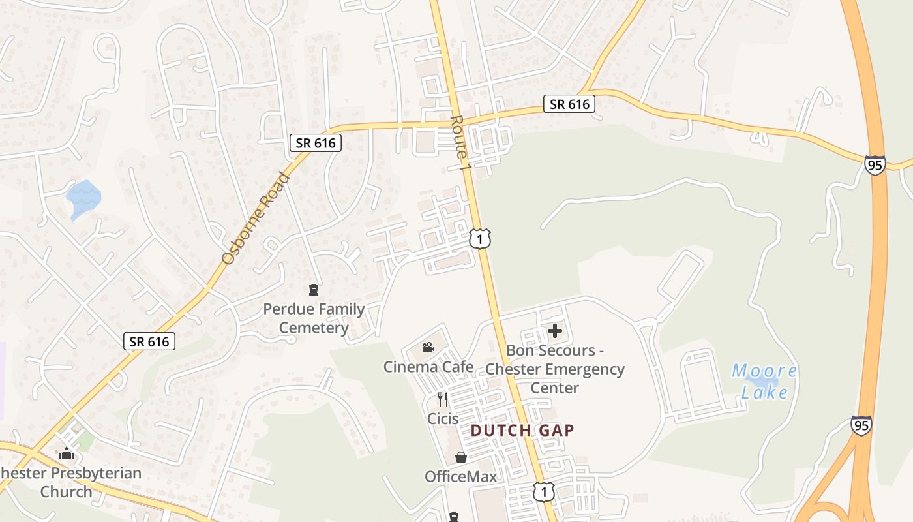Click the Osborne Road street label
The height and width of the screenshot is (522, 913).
coord(255,218)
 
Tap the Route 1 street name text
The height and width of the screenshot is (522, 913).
coord(459,143)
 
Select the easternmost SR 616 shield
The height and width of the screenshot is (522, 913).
coord(569,104)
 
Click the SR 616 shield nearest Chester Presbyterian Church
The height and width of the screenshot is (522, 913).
coord(149,341)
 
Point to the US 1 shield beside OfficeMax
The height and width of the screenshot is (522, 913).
coord(543,491)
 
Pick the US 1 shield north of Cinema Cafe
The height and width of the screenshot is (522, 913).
coord(479,239)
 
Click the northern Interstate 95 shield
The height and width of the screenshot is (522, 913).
coord(875,165)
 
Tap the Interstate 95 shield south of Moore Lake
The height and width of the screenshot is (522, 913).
coord(861,425)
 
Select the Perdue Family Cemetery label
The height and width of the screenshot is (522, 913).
coord(314,318)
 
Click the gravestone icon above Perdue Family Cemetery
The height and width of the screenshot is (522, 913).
coord(314,289)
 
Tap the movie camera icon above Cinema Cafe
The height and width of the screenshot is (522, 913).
coord(428,348)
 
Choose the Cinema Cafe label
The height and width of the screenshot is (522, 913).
coord(428,367)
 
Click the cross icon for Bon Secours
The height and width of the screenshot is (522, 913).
coord(555,331)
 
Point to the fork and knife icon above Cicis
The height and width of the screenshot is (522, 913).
coord(443,399)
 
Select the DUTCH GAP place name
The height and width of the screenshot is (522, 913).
coord(522,430)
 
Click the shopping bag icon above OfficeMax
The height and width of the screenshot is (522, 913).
coord(460,457)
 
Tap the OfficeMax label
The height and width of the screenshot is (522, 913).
coord(460,476)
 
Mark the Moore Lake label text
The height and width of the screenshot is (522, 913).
coord(764,382)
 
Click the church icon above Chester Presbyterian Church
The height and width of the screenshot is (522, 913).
coord(66,453)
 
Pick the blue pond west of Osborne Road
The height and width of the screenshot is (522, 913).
coord(83,196)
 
